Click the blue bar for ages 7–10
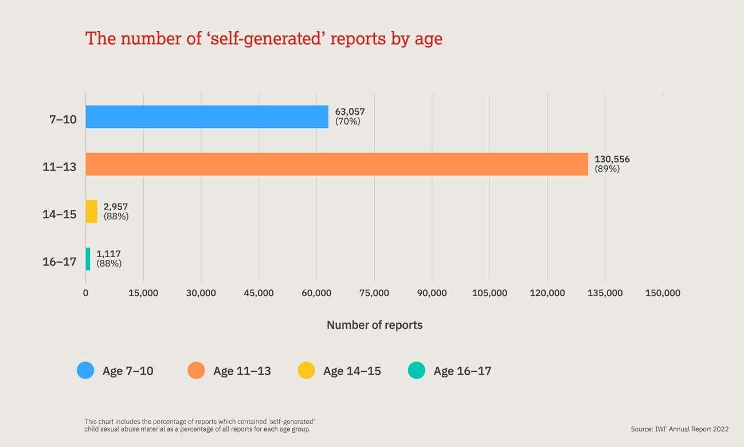click(207, 116)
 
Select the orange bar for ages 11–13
click(336, 164)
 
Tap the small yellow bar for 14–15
click(91, 211)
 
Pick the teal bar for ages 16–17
click(88, 259)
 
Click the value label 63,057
click(350, 112)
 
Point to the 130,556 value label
click(612, 160)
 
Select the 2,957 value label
click(116, 207)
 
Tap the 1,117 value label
click(108, 254)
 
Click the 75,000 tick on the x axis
click(374, 293)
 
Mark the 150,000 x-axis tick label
click(662, 293)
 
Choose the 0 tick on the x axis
click(85, 293)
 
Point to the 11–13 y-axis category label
click(59, 168)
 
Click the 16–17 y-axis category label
click(59, 262)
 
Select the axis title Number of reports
click(374, 325)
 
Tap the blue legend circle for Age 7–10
click(85, 370)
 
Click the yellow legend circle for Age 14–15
click(306, 370)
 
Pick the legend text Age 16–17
click(462, 371)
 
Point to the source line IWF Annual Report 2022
click(679, 429)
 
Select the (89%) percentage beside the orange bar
click(607, 169)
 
